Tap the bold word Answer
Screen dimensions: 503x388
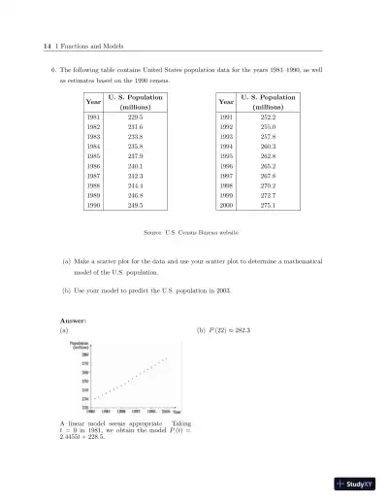(x=74, y=319)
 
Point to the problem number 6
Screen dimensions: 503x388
(x=52, y=71)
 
